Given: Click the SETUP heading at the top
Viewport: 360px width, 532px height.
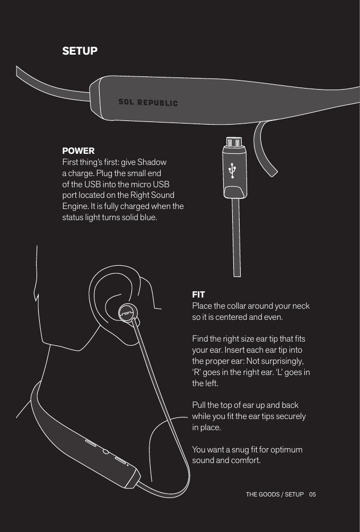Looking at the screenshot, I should [80, 51].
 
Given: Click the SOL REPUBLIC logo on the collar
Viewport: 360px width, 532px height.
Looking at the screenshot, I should [148, 102].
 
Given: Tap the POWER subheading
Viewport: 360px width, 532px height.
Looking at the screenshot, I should [78, 151].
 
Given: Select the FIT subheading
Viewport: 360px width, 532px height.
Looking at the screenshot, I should [198, 294].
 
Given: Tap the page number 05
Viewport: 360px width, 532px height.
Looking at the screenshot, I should [312, 494].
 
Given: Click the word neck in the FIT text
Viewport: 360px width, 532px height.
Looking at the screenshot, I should [299, 306].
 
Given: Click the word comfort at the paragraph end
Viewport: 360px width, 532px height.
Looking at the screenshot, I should [245, 460].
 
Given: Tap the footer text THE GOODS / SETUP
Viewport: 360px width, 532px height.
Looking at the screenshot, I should [275, 494].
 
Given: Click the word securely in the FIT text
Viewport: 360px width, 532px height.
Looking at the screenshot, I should [289, 416].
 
